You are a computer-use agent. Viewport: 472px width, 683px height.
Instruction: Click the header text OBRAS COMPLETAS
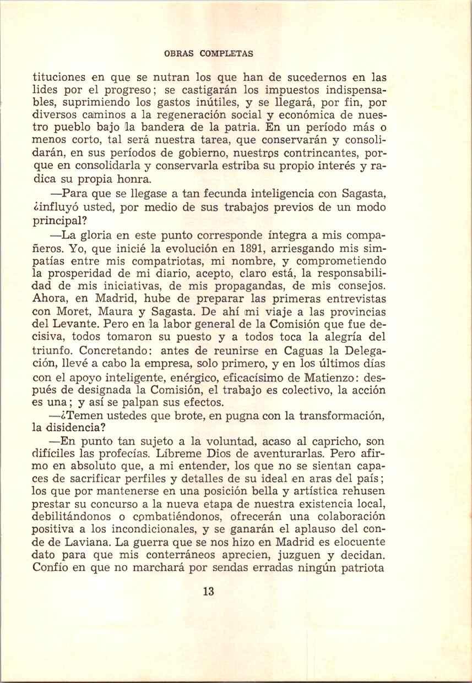point(209,54)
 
